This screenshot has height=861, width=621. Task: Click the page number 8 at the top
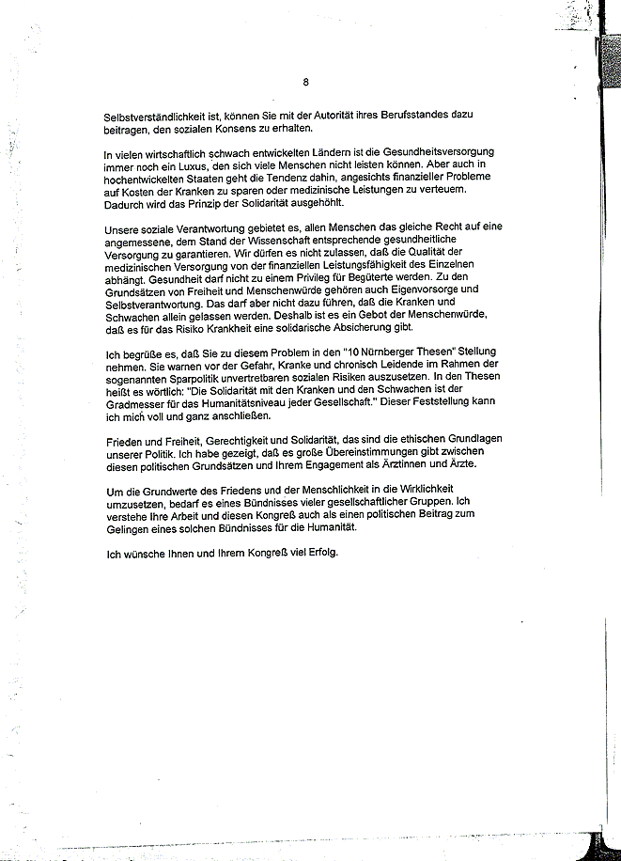click(x=306, y=82)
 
